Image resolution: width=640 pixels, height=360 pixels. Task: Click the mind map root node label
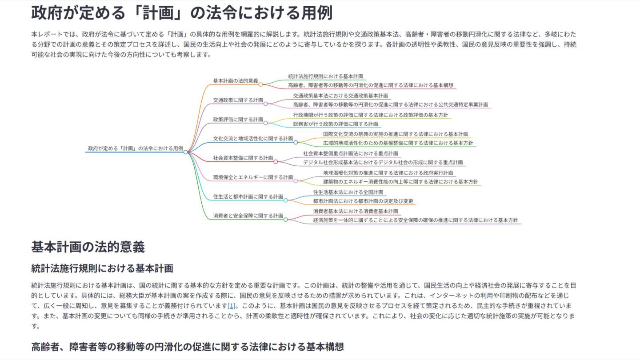coord(136,148)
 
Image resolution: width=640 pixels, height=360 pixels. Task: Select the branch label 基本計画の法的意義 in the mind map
coord(236,81)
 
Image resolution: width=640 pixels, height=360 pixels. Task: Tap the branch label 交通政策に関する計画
coord(238,100)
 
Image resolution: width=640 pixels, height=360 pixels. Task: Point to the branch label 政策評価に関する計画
coord(238,120)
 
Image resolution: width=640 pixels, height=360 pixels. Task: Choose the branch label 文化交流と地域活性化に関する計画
coord(253,139)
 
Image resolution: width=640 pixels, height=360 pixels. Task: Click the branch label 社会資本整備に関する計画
coord(243,158)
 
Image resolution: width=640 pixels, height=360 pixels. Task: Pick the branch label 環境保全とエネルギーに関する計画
coord(253,177)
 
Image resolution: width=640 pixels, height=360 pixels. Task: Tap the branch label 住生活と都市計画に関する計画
coord(248,196)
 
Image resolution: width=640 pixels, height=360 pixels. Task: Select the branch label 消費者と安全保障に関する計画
coord(248,216)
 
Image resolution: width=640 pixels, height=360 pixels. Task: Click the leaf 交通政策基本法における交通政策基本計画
coord(340,96)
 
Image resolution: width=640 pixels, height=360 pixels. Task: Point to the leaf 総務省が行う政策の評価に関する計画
coord(336,124)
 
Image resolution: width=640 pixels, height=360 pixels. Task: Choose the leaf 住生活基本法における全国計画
coord(348,192)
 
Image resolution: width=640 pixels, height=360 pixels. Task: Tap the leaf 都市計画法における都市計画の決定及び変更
coord(363,201)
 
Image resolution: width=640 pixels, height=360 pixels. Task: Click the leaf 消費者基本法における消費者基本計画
coord(356,211)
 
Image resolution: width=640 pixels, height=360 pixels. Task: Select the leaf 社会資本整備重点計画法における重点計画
coord(351,153)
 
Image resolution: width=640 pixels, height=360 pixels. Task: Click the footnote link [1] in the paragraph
coord(231,306)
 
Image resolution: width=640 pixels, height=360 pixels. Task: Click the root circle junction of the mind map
coord(186,152)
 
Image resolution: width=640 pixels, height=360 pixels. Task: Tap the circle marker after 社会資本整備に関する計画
coord(276,162)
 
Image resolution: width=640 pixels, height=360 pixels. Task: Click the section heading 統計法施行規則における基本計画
coord(102,268)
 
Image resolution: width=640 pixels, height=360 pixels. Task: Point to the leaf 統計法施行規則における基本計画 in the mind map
coord(325,76)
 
